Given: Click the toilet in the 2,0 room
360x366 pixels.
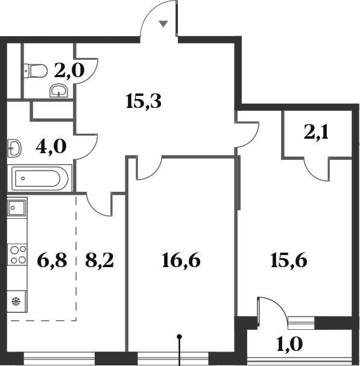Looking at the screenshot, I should (x=36, y=71).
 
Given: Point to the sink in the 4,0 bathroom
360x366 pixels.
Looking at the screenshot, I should (x=14, y=147).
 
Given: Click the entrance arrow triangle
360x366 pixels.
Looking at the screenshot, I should (x=163, y=24).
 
